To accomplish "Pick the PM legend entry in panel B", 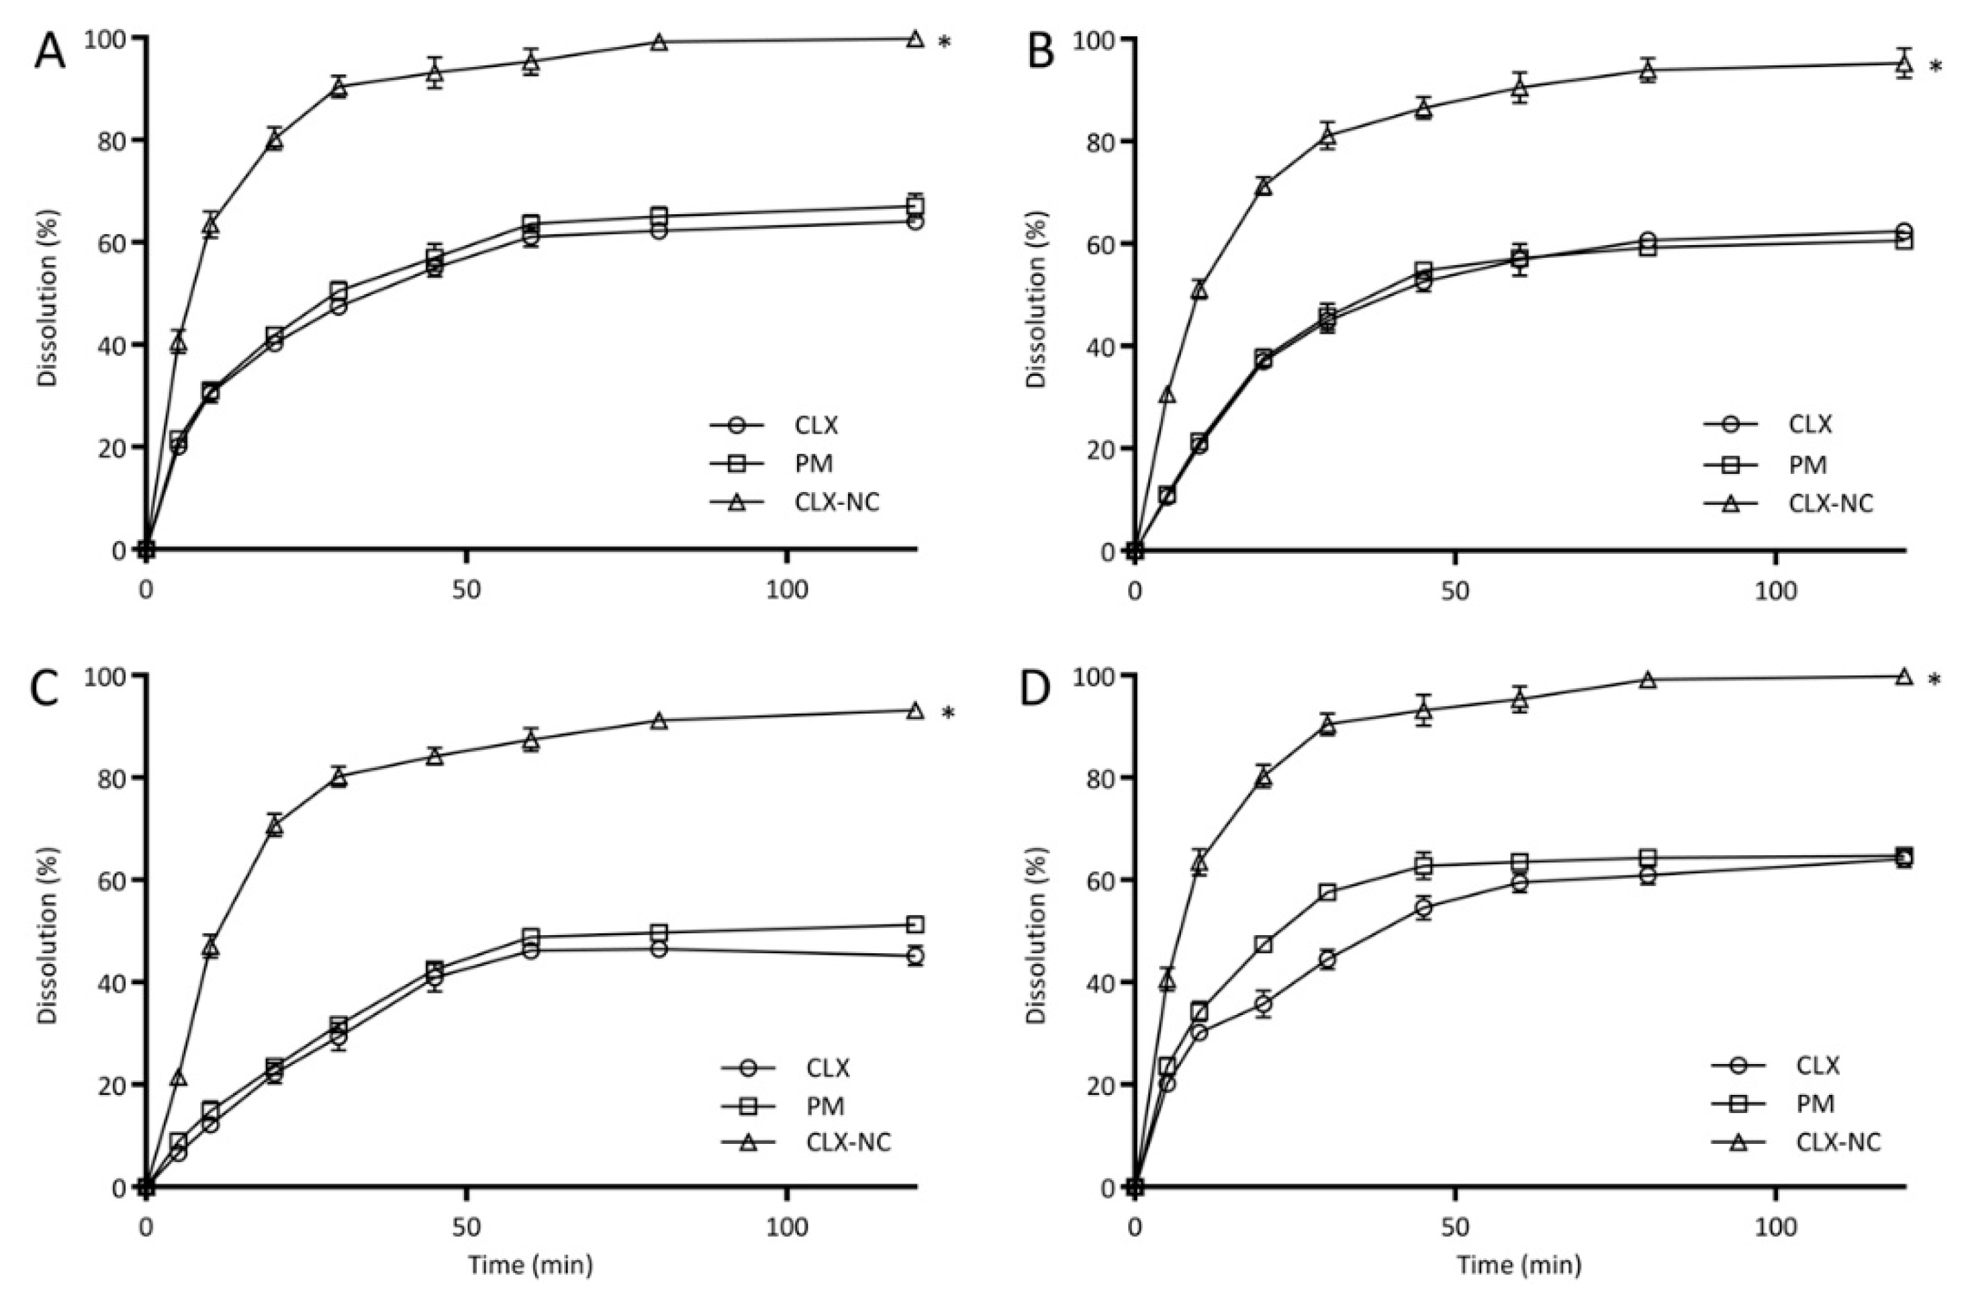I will point(1807,464).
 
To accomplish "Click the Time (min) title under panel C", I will point(530,1265).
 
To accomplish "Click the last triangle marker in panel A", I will point(915,39).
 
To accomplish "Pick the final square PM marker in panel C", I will point(915,924).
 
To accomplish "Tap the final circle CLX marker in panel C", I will point(915,956).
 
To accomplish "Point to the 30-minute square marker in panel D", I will point(1327,893).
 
